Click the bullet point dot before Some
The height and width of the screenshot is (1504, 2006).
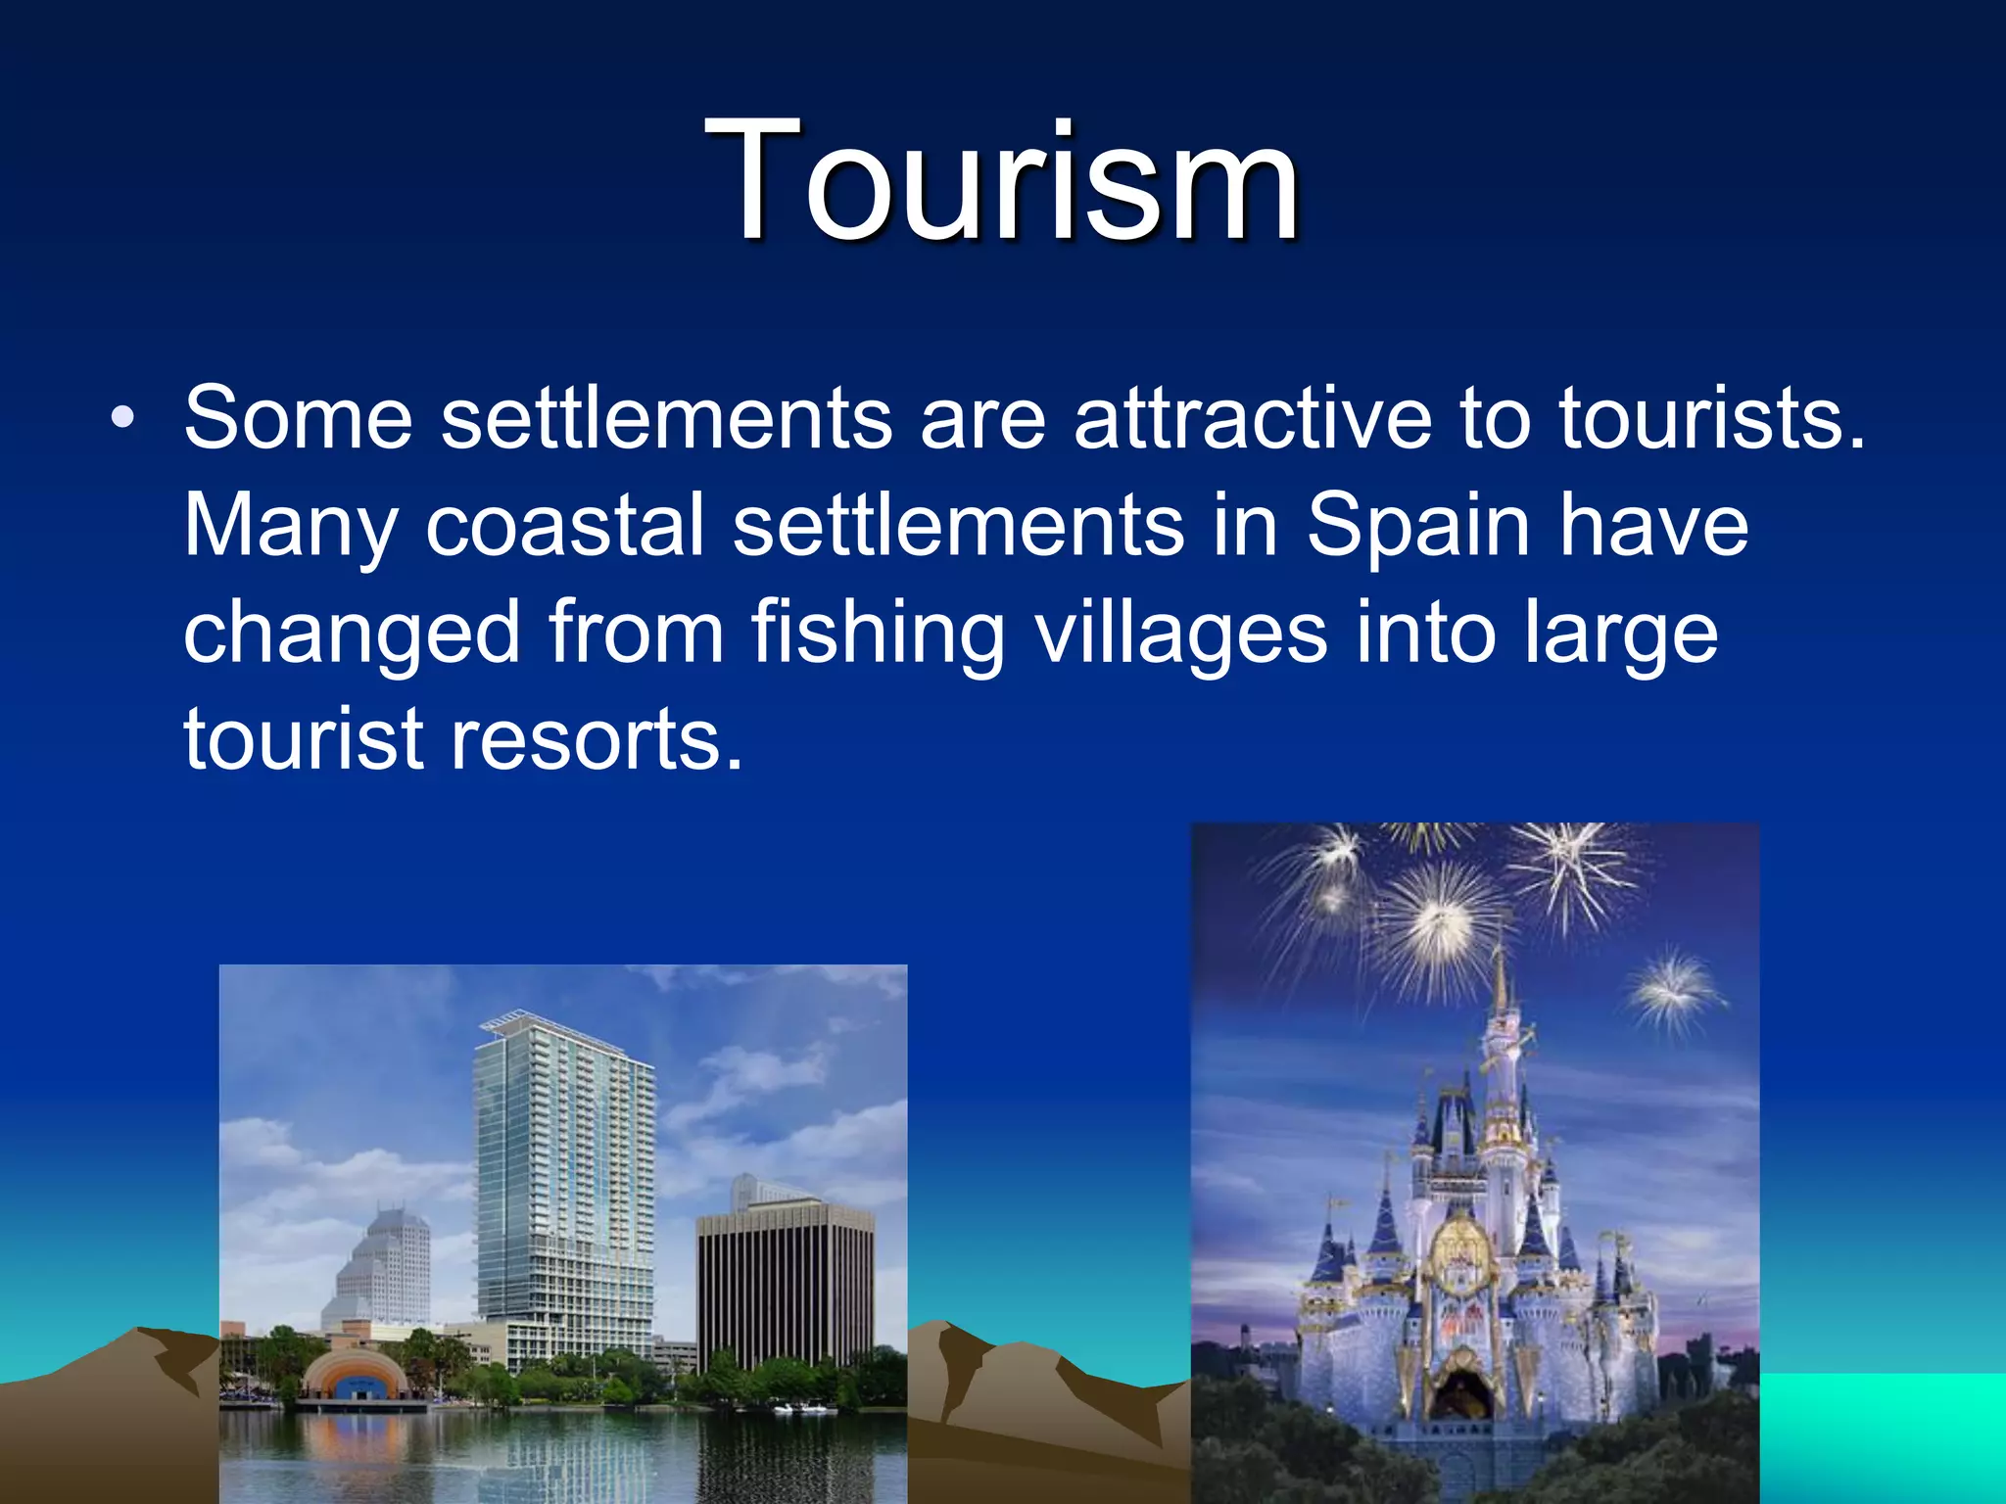(x=122, y=419)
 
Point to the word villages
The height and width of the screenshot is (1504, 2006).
(x=1181, y=634)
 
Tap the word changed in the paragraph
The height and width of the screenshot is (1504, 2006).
(x=352, y=634)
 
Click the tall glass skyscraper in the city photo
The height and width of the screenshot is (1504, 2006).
(x=563, y=1175)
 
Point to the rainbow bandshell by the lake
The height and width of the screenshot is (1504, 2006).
(x=355, y=1376)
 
